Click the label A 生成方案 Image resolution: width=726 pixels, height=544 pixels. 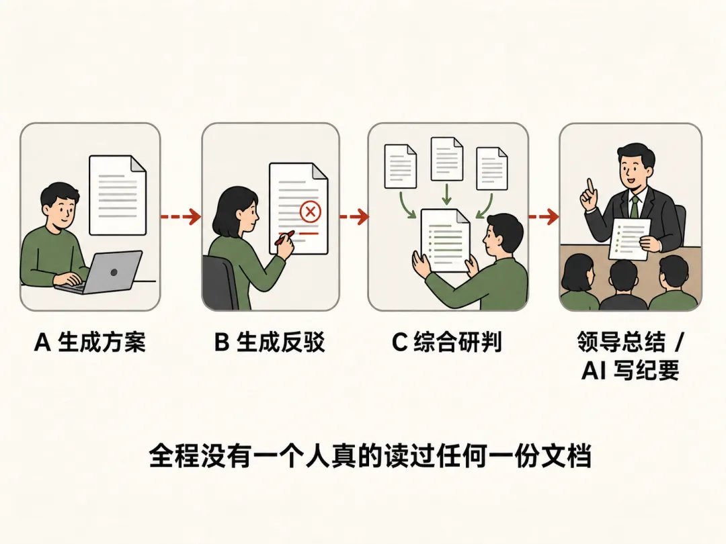pyautogui.click(x=90, y=343)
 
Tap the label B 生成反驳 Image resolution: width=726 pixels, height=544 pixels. pyautogui.click(x=270, y=343)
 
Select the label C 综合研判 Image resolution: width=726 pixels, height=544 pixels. pyautogui.click(x=447, y=343)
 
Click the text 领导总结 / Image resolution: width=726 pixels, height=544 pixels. pyautogui.click(x=630, y=343)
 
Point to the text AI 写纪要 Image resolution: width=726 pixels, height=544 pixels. pyautogui.click(x=630, y=370)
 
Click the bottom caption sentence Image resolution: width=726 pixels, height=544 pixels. pyautogui.click(x=370, y=456)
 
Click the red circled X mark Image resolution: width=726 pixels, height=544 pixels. pyautogui.click(x=310, y=212)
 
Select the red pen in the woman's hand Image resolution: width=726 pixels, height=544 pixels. pyautogui.click(x=284, y=237)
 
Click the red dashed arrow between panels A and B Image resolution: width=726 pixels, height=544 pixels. pyautogui.click(x=181, y=216)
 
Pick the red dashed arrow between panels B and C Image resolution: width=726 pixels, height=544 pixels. pyautogui.click(x=354, y=216)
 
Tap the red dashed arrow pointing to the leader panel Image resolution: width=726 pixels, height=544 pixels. pyautogui.click(x=544, y=216)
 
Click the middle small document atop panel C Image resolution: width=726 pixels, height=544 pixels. pyautogui.click(x=447, y=158)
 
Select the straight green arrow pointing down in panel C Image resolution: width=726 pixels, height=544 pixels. pyautogui.click(x=446, y=194)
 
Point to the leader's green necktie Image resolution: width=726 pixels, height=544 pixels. pyautogui.click(x=635, y=207)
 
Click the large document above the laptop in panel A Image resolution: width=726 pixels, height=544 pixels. pyautogui.click(x=118, y=195)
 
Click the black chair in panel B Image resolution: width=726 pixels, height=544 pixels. pyautogui.click(x=221, y=282)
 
